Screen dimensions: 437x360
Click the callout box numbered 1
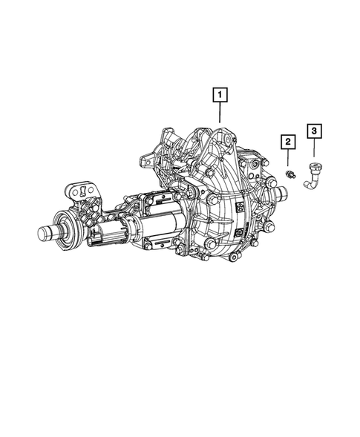pos(220,94)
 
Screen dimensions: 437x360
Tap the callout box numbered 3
pos(315,131)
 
